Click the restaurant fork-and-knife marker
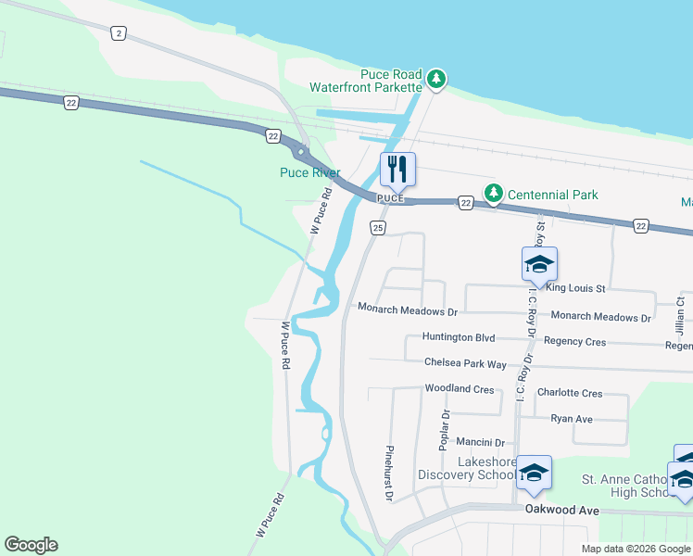(x=397, y=169)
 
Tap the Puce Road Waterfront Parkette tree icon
(x=436, y=81)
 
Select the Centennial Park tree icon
(x=494, y=193)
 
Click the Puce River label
(x=310, y=172)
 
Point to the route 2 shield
(x=118, y=33)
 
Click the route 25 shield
(x=377, y=228)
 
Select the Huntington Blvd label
(x=459, y=338)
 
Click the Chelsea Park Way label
(x=465, y=363)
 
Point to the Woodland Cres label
(x=459, y=389)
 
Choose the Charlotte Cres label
(x=569, y=393)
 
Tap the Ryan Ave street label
(x=571, y=419)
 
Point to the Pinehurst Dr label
(x=389, y=474)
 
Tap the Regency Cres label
(x=574, y=342)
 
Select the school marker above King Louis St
(x=539, y=265)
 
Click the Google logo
(x=31, y=545)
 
